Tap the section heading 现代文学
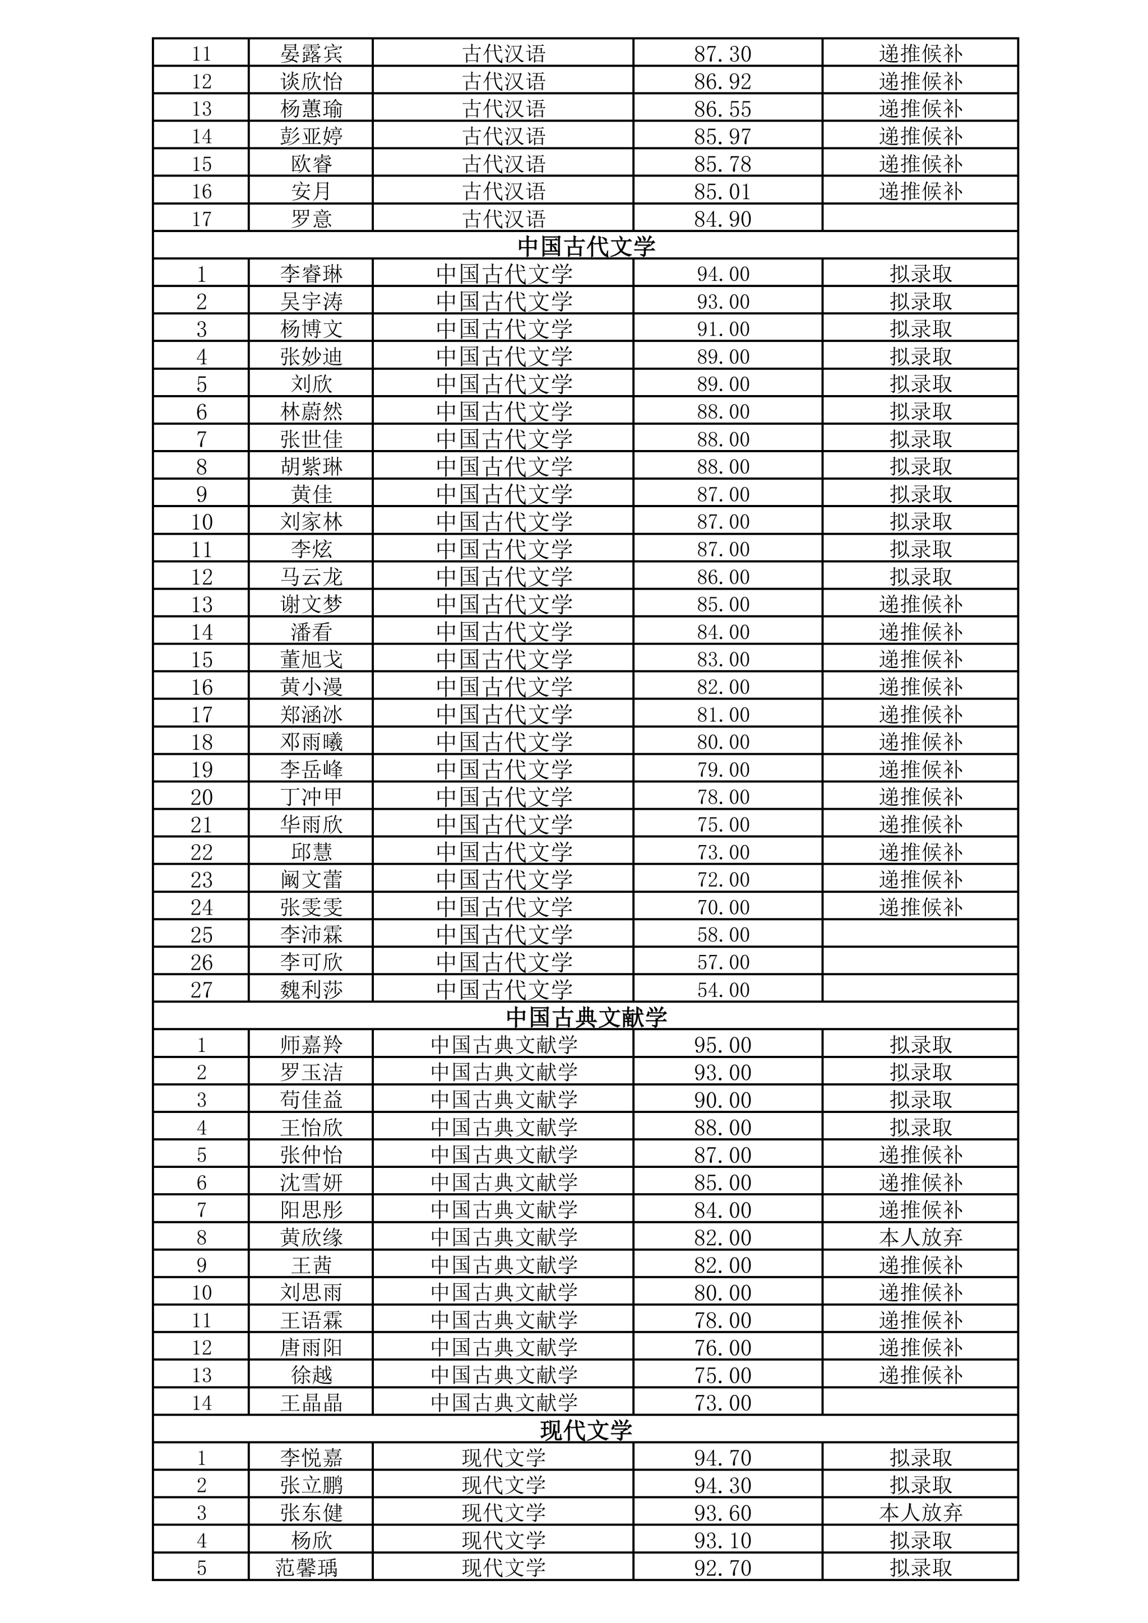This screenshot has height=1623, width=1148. click(586, 1430)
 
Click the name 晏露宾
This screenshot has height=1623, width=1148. click(311, 54)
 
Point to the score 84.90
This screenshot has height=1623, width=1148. click(723, 219)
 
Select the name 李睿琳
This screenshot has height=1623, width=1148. click(311, 273)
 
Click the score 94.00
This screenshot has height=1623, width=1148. click(723, 273)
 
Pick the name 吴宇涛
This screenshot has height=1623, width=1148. click(311, 301)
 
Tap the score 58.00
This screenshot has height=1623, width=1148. click(723, 934)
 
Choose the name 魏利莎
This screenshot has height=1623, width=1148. click(311, 990)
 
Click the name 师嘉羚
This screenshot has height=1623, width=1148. click(311, 1045)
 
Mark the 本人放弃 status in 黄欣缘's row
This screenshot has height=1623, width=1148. click(920, 1237)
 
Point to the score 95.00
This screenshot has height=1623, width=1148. click(723, 1045)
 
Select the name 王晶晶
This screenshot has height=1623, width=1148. click(311, 1402)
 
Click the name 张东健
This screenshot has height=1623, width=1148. click(311, 1513)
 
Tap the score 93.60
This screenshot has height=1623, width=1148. click(723, 1513)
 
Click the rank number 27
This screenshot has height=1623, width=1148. click(201, 990)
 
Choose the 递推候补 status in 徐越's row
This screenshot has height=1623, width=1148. click(920, 1375)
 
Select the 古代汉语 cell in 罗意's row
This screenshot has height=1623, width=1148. click(504, 219)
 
